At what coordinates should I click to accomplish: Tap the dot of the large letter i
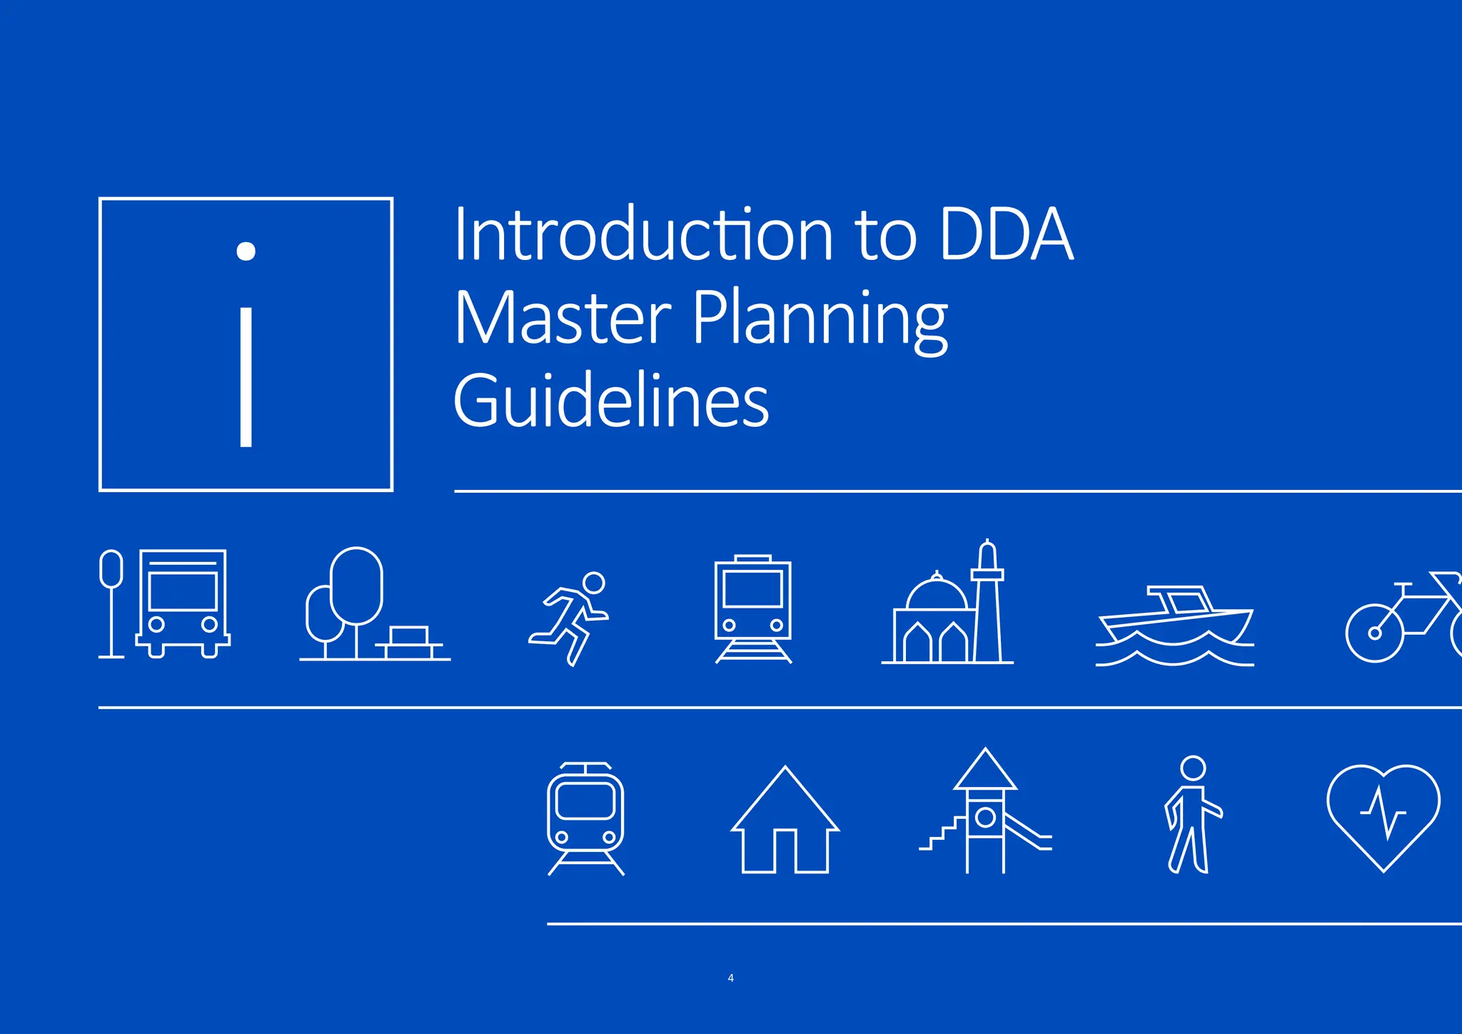pyautogui.click(x=246, y=251)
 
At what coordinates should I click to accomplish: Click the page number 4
pyautogui.click(x=730, y=978)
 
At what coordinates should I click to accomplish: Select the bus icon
pyautogui.click(x=183, y=603)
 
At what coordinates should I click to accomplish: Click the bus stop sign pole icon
pyautogui.click(x=111, y=603)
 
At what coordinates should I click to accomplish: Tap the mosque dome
pyautogui.click(x=937, y=594)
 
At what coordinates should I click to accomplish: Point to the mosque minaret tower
pyautogui.click(x=988, y=603)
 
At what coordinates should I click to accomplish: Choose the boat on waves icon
pyautogui.click(x=1174, y=625)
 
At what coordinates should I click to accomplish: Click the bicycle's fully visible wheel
pyautogui.click(x=1374, y=633)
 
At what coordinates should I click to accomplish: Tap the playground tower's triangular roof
pyautogui.click(x=985, y=771)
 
